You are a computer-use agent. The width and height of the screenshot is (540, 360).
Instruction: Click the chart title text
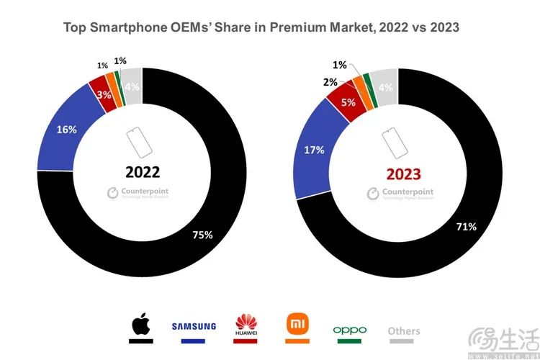click(x=261, y=27)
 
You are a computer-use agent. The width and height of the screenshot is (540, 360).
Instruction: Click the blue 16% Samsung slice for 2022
click(x=66, y=131)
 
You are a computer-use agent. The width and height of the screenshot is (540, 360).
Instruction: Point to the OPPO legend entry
click(x=350, y=330)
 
